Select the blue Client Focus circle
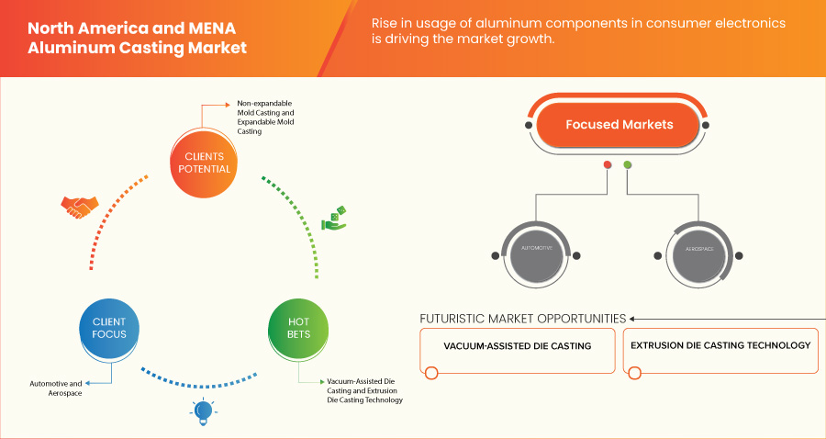click(x=108, y=328)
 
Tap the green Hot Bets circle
click(x=298, y=328)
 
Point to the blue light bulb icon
click(x=202, y=413)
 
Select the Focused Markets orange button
click(x=619, y=124)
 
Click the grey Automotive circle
click(x=536, y=249)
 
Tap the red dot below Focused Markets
click(x=608, y=165)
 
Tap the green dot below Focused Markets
click(x=628, y=165)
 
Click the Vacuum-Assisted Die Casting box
click(x=518, y=347)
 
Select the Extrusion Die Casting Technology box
click(x=720, y=346)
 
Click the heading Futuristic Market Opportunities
click(x=522, y=319)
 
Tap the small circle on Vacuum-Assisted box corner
click(x=430, y=373)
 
